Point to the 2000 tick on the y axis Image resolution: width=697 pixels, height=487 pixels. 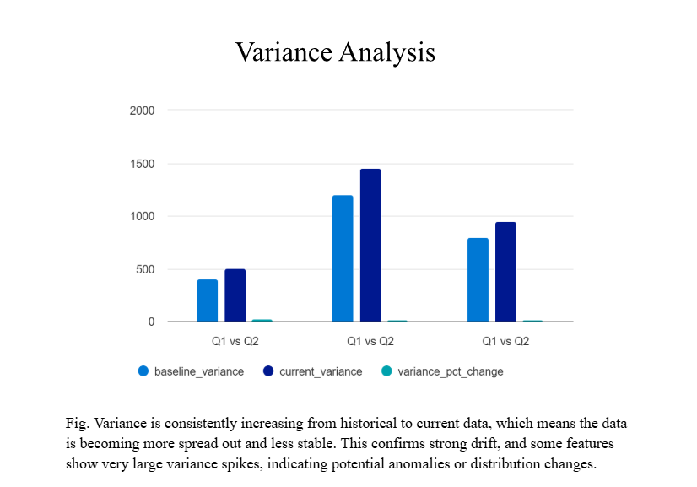click(x=143, y=111)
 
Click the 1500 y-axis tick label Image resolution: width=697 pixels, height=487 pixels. click(x=143, y=164)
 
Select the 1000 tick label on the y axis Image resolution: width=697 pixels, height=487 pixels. click(x=143, y=217)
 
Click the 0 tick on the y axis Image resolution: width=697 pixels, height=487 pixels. click(x=152, y=322)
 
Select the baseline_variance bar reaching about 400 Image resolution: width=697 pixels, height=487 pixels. click(x=208, y=300)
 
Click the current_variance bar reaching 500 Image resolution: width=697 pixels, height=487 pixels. click(x=235, y=295)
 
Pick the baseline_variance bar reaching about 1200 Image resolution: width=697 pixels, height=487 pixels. click(x=343, y=258)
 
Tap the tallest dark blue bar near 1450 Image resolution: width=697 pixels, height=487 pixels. click(x=370, y=245)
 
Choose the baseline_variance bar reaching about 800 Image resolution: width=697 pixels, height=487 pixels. click(x=478, y=279)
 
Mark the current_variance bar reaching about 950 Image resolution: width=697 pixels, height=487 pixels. click(x=505, y=272)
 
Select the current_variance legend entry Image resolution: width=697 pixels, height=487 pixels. click(x=312, y=371)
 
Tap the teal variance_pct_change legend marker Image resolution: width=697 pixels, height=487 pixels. click(x=386, y=371)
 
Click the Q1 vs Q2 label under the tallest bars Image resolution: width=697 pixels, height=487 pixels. click(x=370, y=342)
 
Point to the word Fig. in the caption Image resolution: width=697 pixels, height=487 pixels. click(x=77, y=423)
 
